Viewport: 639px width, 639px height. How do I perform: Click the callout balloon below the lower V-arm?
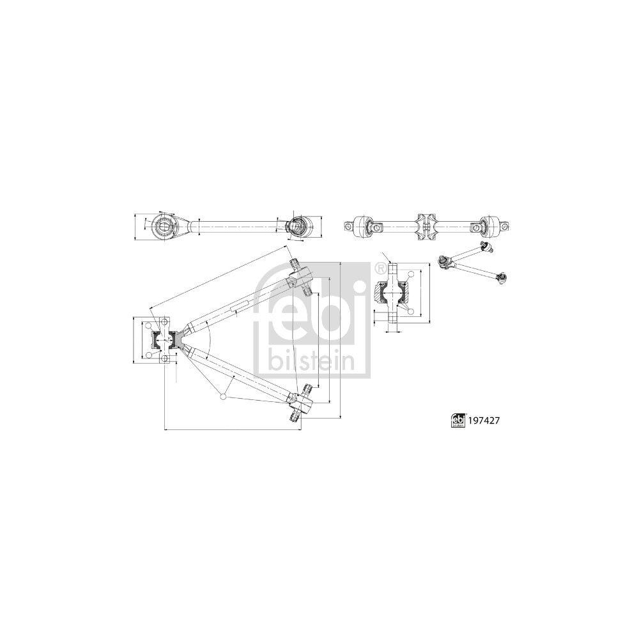point(222,397)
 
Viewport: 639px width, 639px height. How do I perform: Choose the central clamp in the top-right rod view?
point(427,226)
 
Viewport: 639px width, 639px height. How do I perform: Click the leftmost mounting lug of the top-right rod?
point(350,226)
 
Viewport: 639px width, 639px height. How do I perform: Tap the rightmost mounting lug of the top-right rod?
point(506,226)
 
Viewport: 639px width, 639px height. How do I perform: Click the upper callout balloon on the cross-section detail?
point(411,273)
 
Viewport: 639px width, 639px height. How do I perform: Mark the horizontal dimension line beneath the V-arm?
point(233,430)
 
